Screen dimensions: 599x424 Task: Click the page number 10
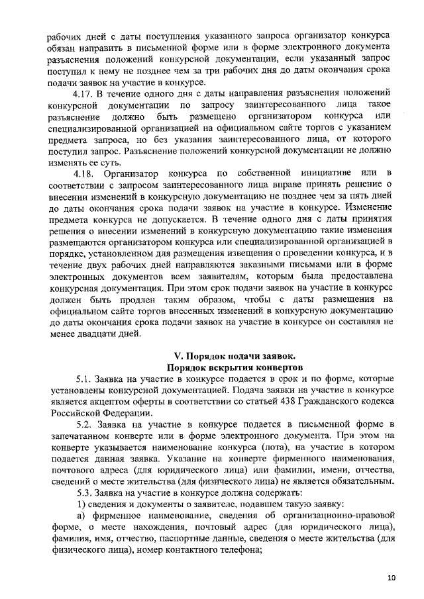pos(392,577)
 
